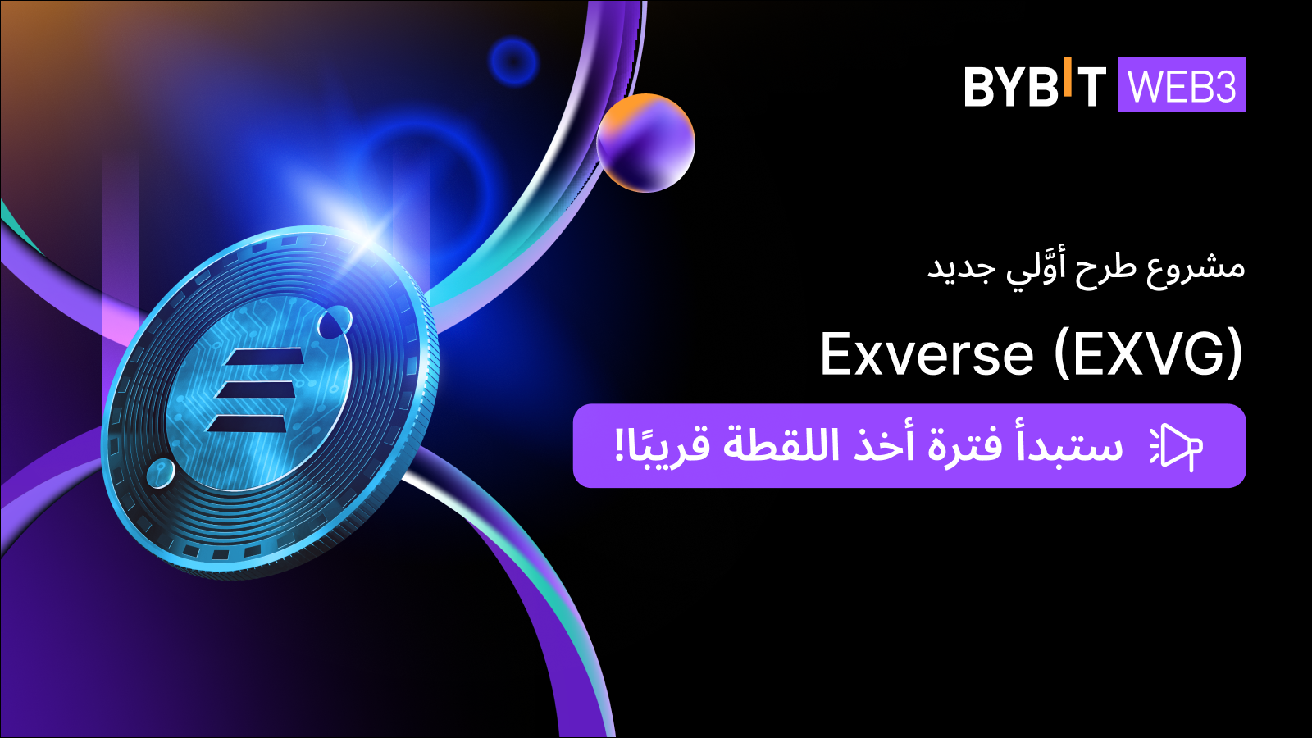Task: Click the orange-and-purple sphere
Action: pyautogui.click(x=645, y=143)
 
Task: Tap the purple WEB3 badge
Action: pyautogui.click(x=1182, y=84)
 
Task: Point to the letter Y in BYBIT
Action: pyautogui.click(x=1003, y=87)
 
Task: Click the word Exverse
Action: pyautogui.click(x=927, y=355)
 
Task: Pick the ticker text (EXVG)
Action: pyautogui.click(x=1149, y=355)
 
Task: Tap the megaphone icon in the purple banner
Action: pyautogui.click(x=1177, y=447)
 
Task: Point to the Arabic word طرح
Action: pyautogui.click(x=1105, y=268)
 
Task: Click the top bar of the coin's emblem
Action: pyautogui.click(x=265, y=358)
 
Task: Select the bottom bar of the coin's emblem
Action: pyautogui.click(x=248, y=423)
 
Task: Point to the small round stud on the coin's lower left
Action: pyautogui.click(x=160, y=473)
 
